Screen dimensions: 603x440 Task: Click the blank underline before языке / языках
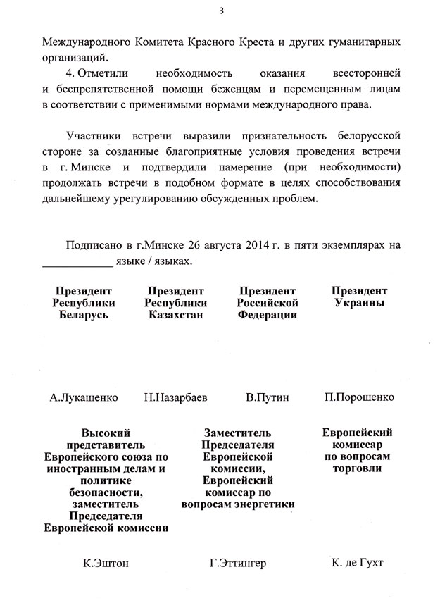pos(77,262)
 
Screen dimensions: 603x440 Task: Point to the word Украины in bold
pos(359,303)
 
